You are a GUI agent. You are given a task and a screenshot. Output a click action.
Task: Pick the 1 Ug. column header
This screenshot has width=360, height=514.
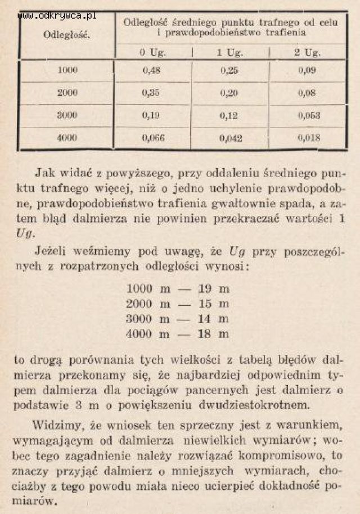coord(229,53)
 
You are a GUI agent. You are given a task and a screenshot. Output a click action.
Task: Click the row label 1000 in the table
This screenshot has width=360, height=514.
coord(67,71)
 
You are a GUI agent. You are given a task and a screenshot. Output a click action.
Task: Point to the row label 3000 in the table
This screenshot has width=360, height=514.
coord(67,115)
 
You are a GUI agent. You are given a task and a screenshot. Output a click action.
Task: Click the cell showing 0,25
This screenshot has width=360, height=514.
coord(229,71)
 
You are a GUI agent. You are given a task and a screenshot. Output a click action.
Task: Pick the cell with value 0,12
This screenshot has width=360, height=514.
coord(229,115)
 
